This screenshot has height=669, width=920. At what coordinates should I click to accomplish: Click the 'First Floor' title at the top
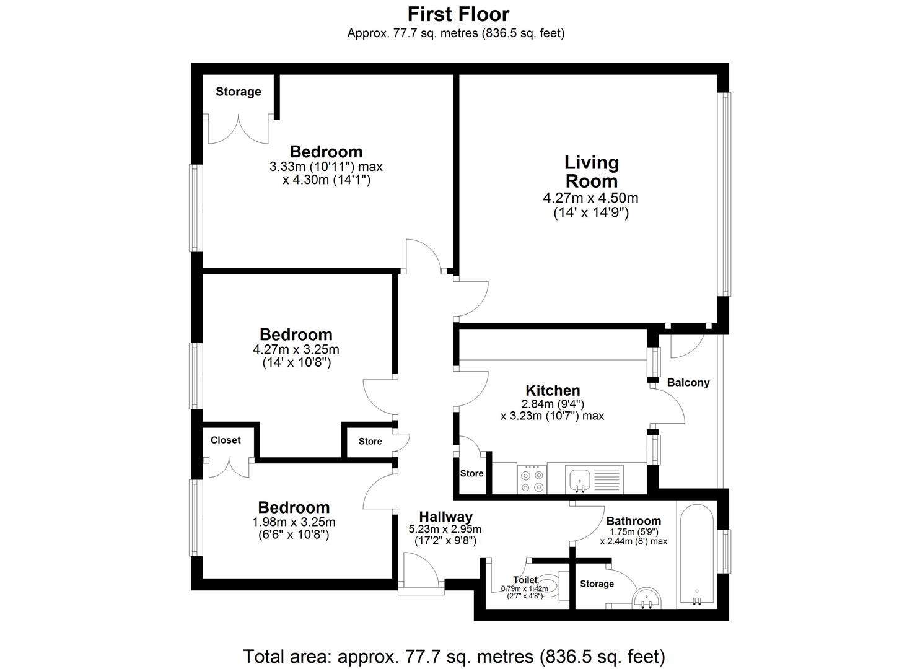point(458,14)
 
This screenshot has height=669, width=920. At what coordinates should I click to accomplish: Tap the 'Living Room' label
point(590,172)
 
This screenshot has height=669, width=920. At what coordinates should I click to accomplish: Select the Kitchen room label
point(553,390)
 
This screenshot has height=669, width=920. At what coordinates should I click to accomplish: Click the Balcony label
point(688,382)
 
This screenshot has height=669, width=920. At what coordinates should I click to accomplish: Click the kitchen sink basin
point(580,478)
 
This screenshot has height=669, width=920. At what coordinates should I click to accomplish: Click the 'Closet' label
point(226,440)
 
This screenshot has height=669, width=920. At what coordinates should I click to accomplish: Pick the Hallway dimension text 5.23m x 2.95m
point(445,530)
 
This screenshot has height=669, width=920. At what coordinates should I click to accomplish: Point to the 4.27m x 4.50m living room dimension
point(590,198)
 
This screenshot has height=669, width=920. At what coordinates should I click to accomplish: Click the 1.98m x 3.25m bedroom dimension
point(293,522)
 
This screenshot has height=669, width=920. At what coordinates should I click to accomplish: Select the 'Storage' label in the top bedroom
point(238,92)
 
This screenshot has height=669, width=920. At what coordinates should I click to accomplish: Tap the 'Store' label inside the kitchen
point(471,473)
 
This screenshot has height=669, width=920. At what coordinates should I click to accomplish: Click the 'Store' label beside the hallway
point(370,441)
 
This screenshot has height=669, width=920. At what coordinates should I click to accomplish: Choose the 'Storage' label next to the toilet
point(597,584)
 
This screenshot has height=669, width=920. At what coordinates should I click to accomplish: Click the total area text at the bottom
point(454,655)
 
